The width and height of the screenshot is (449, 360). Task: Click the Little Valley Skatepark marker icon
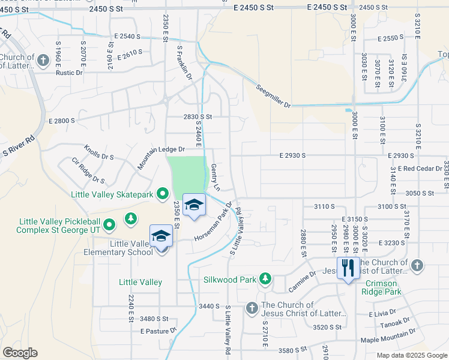click(x=162, y=194)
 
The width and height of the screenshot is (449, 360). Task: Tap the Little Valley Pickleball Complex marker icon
click(x=109, y=225)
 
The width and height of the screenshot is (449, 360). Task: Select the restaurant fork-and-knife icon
click(x=348, y=268)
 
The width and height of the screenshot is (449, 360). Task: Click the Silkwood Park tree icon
click(x=265, y=279)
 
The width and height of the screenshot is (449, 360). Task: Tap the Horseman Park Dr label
click(x=213, y=222)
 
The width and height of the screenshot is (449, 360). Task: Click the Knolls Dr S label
click(x=99, y=152)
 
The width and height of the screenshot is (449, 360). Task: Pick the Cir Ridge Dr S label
click(x=88, y=170)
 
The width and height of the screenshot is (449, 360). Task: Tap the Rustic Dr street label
click(x=68, y=73)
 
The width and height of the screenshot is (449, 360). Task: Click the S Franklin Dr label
click(x=183, y=64)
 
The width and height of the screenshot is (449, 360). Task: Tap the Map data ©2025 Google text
click(x=411, y=355)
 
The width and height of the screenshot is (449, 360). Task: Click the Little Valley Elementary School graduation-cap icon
click(x=161, y=236)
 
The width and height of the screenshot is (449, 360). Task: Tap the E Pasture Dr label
click(x=159, y=331)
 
